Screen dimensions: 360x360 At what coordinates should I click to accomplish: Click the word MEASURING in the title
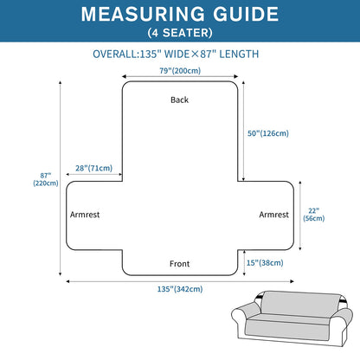coord(143,14)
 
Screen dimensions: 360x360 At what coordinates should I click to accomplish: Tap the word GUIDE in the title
coord(246,14)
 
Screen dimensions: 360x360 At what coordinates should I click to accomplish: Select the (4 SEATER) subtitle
coord(180,33)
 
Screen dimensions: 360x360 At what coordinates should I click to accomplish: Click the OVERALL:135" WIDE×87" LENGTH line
coord(176,54)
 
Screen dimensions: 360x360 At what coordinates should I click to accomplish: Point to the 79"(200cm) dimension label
coord(180,71)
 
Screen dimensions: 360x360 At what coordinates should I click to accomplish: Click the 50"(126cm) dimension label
coord(268,133)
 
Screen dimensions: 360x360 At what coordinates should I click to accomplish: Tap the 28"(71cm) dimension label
coord(93,168)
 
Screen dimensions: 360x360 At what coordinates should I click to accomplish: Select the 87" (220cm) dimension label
coord(46,179)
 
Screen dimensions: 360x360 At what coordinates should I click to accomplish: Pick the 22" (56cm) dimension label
coord(314,215)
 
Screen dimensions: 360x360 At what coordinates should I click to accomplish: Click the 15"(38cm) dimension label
coord(265,263)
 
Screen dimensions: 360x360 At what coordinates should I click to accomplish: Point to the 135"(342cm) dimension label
coord(180,289)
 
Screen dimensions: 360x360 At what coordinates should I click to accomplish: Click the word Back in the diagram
coord(179,100)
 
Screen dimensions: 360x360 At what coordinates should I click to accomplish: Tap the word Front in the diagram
coord(179,264)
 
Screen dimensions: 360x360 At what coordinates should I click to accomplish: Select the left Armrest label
coord(85,215)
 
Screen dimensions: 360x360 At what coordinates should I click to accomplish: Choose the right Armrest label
coord(273,215)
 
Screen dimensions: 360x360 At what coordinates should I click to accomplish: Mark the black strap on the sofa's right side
coord(343,299)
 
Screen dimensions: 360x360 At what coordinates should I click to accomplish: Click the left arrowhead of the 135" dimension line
coord(68,281)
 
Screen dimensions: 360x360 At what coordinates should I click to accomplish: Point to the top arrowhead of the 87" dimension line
coord(61,83)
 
